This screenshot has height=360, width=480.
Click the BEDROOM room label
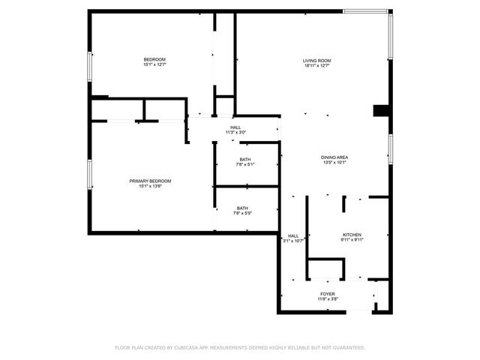point(154,59)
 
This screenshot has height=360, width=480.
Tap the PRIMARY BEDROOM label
point(150,181)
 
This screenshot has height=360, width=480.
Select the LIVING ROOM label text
point(316,60)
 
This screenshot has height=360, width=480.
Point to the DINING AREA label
point(334,157)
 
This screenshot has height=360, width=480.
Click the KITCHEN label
point(352,235)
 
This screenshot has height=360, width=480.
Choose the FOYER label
point(328,293)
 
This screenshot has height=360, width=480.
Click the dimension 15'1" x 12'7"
point(154,65)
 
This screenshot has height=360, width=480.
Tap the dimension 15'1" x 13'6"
point(150,187)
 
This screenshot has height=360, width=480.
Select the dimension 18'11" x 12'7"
point(316,66)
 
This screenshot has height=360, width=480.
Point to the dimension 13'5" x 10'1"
point(334,163)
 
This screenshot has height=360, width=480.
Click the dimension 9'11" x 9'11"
point(352,241)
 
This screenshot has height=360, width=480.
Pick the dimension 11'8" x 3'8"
point(328,299)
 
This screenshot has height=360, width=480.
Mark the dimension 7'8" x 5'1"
point(245,165)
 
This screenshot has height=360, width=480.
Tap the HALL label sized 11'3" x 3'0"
point(235,127)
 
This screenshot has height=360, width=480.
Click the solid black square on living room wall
point(382,110)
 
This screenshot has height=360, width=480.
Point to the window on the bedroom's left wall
point(90,67)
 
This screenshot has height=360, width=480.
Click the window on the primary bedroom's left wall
point(90,175)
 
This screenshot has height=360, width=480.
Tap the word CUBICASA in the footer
point(189,348)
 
